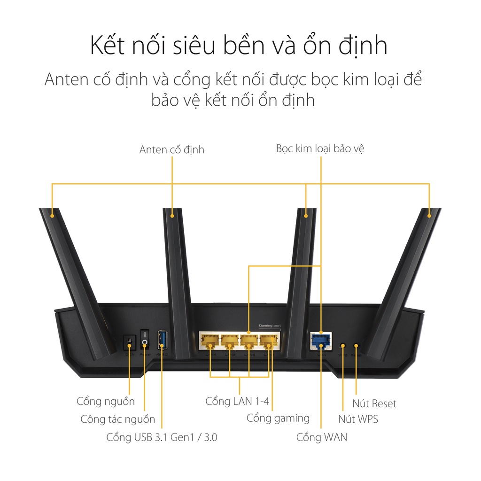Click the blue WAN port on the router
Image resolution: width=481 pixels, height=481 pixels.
click(321, 341)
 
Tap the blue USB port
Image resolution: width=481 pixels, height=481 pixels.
click(162, 340)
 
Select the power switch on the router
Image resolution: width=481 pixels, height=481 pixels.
click(145, 339)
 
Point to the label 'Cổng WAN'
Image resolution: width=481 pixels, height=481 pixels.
click(322, 437)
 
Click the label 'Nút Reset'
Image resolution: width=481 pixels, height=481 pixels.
click(374, 403)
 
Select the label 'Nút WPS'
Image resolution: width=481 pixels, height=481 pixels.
click(358, 419)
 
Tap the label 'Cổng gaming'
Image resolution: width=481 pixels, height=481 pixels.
click(278, 418)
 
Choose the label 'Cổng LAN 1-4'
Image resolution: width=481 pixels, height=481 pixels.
click(240, 402)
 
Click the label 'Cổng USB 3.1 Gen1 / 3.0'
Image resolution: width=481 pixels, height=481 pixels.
click(162, 437)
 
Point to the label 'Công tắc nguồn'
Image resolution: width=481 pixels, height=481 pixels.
click(117, 419)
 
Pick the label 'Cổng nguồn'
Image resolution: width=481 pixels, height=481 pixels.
click(106, 401)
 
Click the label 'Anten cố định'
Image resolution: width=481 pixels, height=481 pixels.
click(172, 150)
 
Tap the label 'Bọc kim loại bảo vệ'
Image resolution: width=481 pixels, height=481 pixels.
click(320, 149)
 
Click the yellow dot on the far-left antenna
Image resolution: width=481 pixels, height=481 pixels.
click(52, 216)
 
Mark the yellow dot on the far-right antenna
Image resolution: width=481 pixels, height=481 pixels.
click(429, 216)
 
